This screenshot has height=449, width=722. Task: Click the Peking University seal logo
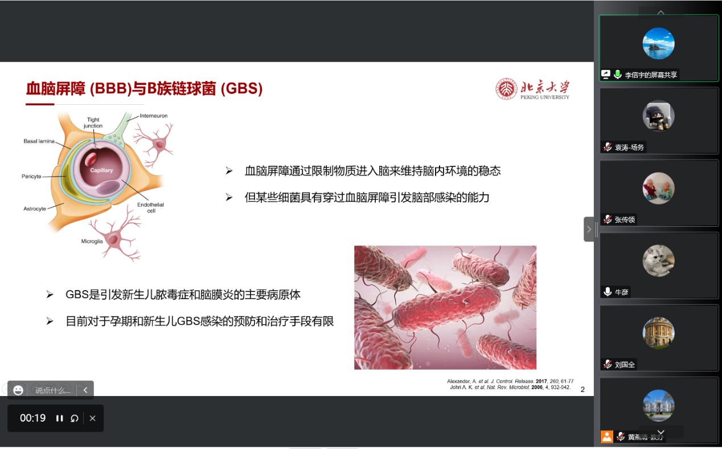coord(506,89)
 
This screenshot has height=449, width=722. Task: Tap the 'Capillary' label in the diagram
coord(101,170)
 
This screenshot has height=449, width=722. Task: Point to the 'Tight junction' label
coord(93,123)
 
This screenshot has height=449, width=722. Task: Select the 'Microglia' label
coord(92,241)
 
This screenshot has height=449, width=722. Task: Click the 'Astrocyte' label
coord(35,209)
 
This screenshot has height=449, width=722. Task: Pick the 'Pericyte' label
coord(31,177)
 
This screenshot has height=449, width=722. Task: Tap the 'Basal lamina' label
coord(39,141)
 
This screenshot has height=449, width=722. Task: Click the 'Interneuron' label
coord(154,116)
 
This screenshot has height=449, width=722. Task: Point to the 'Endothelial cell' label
coord(150,208)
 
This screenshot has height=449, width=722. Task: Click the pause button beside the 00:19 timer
coord(59,418)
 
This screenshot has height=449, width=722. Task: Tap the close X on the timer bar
coord(92,418)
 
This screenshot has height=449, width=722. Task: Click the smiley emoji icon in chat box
coord(18,390)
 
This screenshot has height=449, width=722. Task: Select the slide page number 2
coord(582,390)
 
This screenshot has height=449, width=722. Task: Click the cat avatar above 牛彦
coord(658,260)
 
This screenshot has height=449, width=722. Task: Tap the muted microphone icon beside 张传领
coord(608,220)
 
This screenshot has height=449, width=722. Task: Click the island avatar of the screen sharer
coord(658,43)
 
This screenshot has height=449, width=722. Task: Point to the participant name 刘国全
coord(625,365)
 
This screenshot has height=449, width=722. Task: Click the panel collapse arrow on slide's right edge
coord(589,229)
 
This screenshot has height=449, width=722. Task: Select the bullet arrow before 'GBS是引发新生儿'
coord(50,295)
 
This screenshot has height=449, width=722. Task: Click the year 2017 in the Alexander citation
coord(541,381)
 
